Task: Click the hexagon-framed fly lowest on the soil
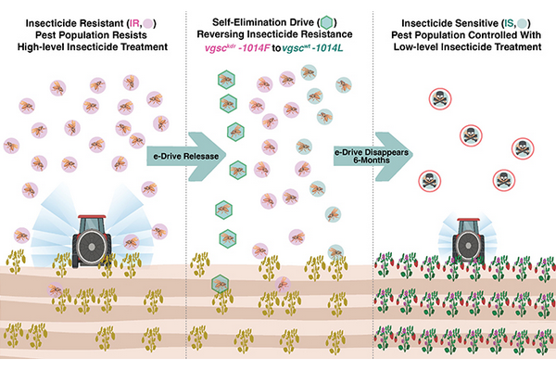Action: (221, 285)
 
